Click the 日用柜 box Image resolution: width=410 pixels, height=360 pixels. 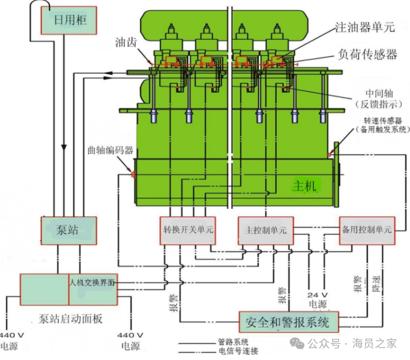coord(70,21)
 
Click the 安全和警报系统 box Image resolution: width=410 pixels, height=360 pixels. coord(287,323)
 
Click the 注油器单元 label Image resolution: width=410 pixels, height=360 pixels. coord(365,27)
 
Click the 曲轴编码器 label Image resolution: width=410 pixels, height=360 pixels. coord(110,150)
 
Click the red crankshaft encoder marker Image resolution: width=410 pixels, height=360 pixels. coord(132,174)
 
